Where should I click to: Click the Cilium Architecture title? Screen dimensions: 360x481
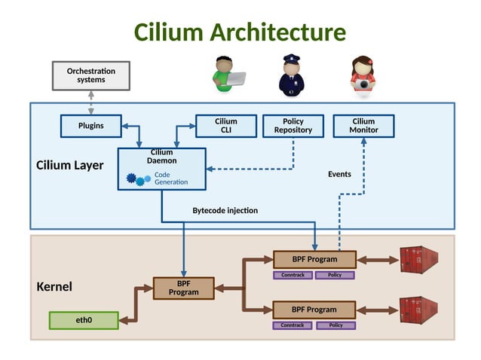coord(240,32)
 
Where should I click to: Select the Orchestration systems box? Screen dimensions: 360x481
coord(90,75)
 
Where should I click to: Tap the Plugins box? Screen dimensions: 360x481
coord(91,126)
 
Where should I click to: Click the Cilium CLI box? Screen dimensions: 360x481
coord(225,126)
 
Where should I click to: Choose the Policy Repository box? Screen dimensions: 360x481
coord(293,126)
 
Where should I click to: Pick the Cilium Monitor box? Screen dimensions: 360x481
coord(364,126)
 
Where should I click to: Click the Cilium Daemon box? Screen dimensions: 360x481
coord(161,168)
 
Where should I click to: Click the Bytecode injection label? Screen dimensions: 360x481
coord(225,210)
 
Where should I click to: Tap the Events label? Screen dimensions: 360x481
coord(339,174)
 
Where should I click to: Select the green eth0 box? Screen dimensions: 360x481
coord(84,320)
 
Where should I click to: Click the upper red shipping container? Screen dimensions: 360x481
coord(418,259)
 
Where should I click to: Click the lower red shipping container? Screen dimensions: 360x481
coord(418,309)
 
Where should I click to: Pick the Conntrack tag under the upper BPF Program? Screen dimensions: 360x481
coord(293,275)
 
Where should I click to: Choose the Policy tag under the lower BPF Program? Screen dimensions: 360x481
coord(335,325)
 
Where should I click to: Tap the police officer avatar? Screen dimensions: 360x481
coord(292,76)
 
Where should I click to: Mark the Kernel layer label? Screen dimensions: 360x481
coord(54,287)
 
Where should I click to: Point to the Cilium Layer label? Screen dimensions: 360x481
coord(70,165)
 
